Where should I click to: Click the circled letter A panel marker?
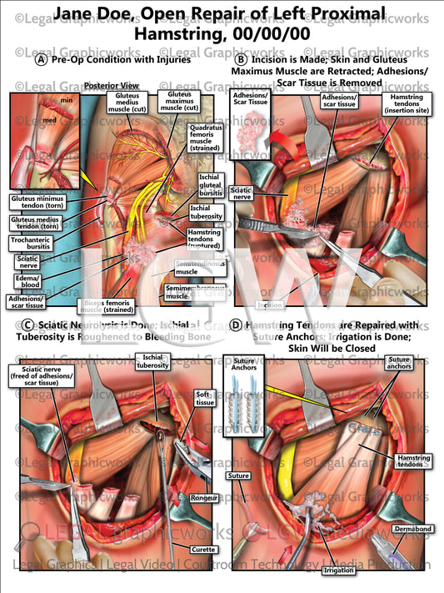(41, 59)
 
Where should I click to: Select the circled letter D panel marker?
(237, 324)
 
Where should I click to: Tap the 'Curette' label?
(203, 549)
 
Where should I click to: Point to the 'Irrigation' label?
(343, 570)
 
